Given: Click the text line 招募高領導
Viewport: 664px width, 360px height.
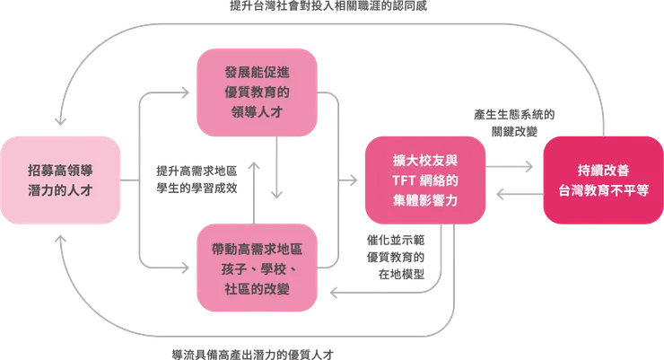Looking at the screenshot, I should [x=60, y=168].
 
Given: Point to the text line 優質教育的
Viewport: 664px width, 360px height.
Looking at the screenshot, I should [x=258, y=92].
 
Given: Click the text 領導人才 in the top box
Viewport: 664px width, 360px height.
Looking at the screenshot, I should [x=258, y=114].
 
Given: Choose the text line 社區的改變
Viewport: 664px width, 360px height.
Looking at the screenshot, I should [x=258, y=288].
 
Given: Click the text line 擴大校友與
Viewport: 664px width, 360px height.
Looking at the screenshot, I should [x=425, y=160].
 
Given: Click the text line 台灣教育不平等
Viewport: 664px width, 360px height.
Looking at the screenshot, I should [x=603, y=190].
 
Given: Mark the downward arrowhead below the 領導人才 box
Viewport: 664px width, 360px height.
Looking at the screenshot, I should [x=279, y=191].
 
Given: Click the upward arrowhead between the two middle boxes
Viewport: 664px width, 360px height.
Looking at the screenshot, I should [x=258, y=162].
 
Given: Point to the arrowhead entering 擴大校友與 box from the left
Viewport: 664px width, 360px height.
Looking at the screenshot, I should [x=354, y=180].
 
